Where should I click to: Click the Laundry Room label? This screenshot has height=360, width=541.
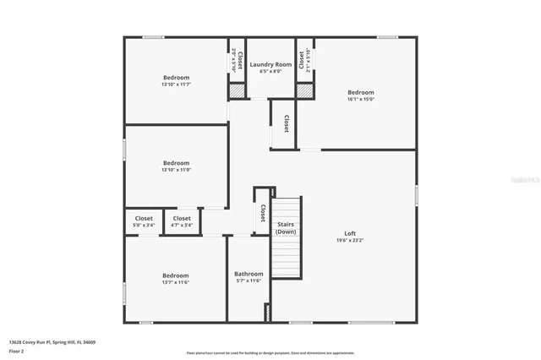click(270, 64)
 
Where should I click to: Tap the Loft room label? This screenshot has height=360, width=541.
click(350, 233)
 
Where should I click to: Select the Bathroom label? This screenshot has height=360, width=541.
click(249, 274)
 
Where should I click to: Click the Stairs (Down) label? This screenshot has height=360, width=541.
click(286, 227)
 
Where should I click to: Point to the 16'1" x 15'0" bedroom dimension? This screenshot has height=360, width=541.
click(360, 99)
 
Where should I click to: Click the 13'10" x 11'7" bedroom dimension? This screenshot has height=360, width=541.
click(177, 85)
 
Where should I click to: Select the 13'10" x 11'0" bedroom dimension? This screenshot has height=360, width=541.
click(177, 170)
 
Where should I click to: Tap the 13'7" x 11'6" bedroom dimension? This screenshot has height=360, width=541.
click(176, 282)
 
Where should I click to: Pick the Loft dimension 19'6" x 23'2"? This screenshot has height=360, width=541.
click(350, 241)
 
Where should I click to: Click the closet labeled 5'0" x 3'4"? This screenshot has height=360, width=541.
click(144, 221)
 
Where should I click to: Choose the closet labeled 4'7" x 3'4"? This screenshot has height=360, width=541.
click(182, 221)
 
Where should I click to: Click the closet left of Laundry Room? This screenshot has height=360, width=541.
click(238, 60)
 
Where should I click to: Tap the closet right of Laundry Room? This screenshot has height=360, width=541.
click(304, 60)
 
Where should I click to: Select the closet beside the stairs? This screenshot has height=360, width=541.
click(263, 211)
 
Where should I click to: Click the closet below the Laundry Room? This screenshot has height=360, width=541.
click(286, 124)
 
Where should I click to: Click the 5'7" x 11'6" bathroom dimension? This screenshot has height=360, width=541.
click(249, 281)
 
